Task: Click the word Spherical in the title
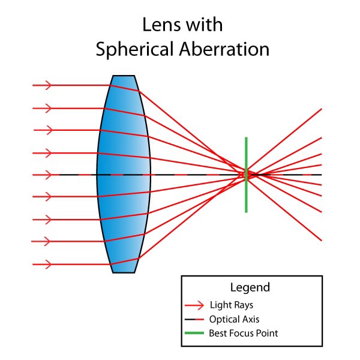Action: pyautogui.click(x=134, y=50)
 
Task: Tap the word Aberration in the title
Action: pyautogui.click(x=224, y=49)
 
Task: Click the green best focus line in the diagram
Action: pyautogui.click(x=246, y=175)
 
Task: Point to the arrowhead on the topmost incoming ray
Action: pyautogui.click(x=48, y=85)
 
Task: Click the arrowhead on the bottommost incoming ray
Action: pyautogui.click(x=48, y=264)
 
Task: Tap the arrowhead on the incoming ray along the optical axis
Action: pyautogui.click(x=48, y=175)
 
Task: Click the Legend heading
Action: pyautogui.click(x=250, y=287)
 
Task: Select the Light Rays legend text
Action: pyautogui.click(x=232, y=305)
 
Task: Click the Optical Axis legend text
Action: pyautogui.click(x=235, y=319)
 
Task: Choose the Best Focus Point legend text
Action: pyautogui.click(x=244, y=333)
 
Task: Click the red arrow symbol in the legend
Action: pyautogui.click(x=194, y=305)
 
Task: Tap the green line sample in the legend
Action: pyautogui.click(x=194, y=333)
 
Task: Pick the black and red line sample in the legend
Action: pyautogui.click(x=194, y=319)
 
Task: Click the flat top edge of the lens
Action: pyautogui.click(x=124, y=76)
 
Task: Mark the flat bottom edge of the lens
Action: pyautogui.click(x=124, y=273)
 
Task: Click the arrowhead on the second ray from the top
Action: pyautogui.click(x=48, y=108)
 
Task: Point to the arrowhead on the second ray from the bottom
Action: pyautogui.click(x=47, y=241)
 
